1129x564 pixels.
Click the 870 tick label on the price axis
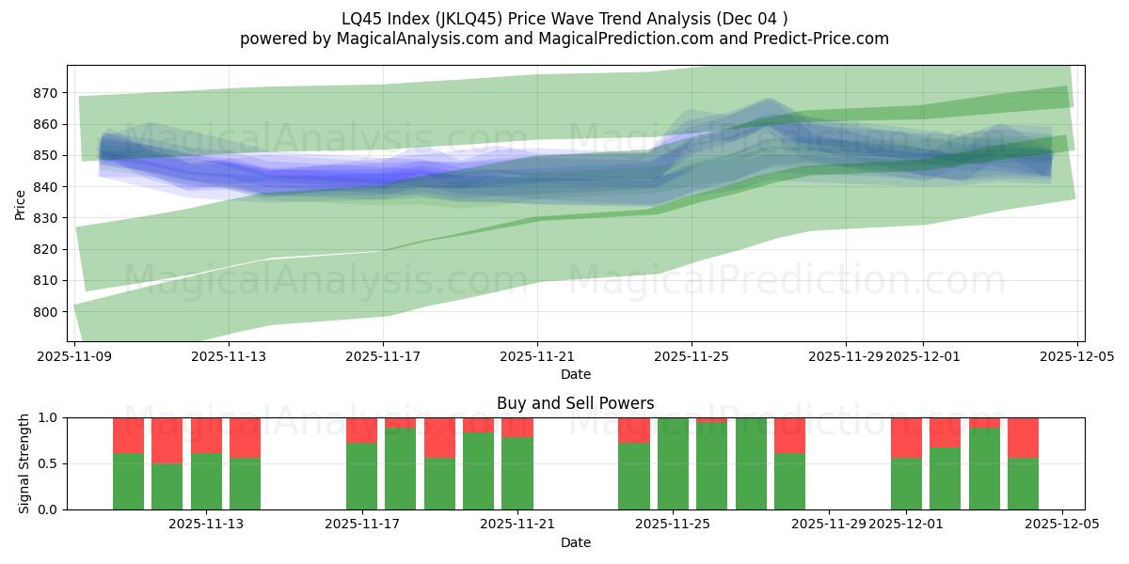[x=45, y=93]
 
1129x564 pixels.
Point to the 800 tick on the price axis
[x=45, y=312]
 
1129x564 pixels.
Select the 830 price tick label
[x=45, y=218]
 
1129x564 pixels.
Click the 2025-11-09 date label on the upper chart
[x=74, y=356]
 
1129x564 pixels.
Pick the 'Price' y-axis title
[x=21, y=203]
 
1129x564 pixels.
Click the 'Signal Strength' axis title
[x=24, y=463]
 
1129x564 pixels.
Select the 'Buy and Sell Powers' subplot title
[x=575, y=404]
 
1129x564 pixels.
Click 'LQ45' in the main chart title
[x=360, y=18]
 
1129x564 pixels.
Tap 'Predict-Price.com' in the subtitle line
[x=818, y=39]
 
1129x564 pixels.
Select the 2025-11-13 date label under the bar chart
[x=206, y=524]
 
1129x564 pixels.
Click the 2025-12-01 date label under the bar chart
[x=905, y=524]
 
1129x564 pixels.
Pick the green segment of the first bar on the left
[x=128, y=481]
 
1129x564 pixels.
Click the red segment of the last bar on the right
[x=1023, y=437]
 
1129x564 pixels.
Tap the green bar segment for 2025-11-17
[x=361, y=477]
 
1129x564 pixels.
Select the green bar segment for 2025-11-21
[x=517, y=474]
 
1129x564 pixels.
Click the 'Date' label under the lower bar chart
[x=575, y=542]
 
